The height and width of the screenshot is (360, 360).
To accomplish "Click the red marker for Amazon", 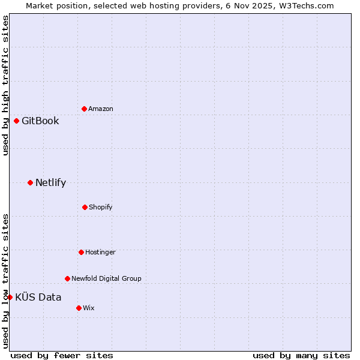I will (x=84, y=109).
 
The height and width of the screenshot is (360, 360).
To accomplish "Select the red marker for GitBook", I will (x=16, y=121).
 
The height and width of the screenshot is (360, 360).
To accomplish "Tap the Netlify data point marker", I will (x=30, y=182).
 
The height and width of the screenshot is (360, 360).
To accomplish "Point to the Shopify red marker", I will (x=85, y=207).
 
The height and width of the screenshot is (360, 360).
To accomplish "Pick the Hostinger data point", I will (x=81, y=252).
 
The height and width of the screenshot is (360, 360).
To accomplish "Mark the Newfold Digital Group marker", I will (x=67, y=278).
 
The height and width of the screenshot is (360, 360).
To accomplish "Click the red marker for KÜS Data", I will (x=10, y=297).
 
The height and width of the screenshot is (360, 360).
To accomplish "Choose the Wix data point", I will (x=79, y=308).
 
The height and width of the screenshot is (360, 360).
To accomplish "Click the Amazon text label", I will (x=101, y=109).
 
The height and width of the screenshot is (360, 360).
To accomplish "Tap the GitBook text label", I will (x=40, y=121).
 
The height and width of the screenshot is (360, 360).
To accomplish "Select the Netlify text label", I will (x=50, y=182).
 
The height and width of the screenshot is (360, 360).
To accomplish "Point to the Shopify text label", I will (x=101, y=207).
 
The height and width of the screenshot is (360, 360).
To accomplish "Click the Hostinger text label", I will (x=100, y=252).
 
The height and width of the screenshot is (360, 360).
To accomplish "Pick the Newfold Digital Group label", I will (x=106, y=278).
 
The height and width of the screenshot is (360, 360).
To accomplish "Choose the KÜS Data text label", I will (x=38, y=297).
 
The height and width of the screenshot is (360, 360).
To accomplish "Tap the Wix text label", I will (x=89, y=308).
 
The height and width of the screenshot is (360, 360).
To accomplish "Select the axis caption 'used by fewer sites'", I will (x=62, y=355).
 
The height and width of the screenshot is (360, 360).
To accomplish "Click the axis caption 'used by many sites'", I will (x=301, y=355).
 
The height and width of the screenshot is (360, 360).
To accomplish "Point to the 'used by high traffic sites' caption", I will (x=5, y=85).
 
